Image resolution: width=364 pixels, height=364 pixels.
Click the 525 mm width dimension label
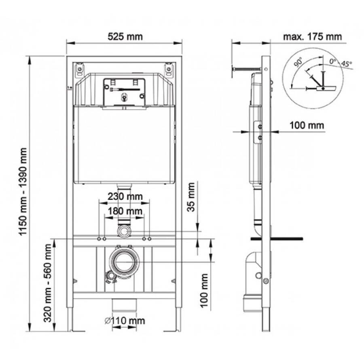point(125,37)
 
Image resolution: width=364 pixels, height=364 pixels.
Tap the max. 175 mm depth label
point(312,37)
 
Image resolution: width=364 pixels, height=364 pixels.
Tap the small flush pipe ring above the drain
point(124,231)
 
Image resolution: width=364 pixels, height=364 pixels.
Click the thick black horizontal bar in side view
point(277,239)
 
